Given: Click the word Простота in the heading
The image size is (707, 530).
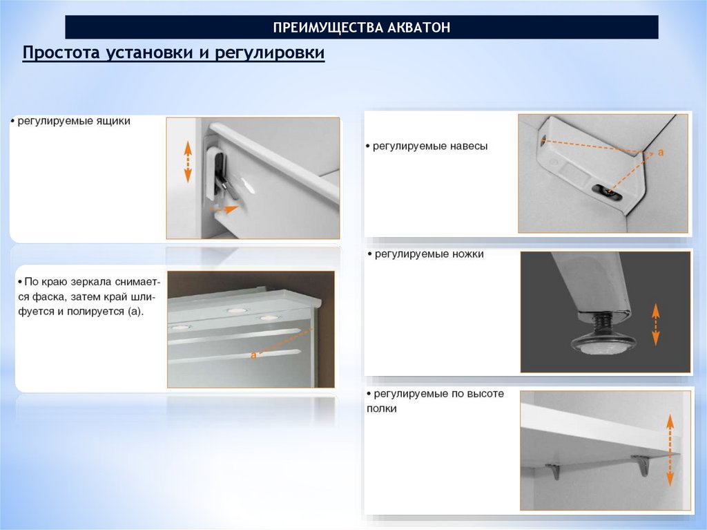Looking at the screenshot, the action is [61, 53].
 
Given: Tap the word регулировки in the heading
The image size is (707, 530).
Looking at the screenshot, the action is [270, 53].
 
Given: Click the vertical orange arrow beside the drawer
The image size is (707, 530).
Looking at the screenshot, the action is [188, 162].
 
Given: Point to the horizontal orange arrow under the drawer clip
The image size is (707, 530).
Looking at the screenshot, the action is [225, 209].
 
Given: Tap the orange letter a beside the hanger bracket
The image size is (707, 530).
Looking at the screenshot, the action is [661, 153].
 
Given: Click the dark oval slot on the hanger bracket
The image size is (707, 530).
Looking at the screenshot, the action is [607, 192].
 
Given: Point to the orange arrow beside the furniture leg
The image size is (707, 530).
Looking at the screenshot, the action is [656, 325].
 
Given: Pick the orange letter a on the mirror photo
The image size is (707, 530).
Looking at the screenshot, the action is [253, 355].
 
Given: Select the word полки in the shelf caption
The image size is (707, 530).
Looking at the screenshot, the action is [381, 409].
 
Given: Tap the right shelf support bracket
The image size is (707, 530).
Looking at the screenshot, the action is [641, 466].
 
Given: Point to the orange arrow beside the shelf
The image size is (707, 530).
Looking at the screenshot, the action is [670, 450].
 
